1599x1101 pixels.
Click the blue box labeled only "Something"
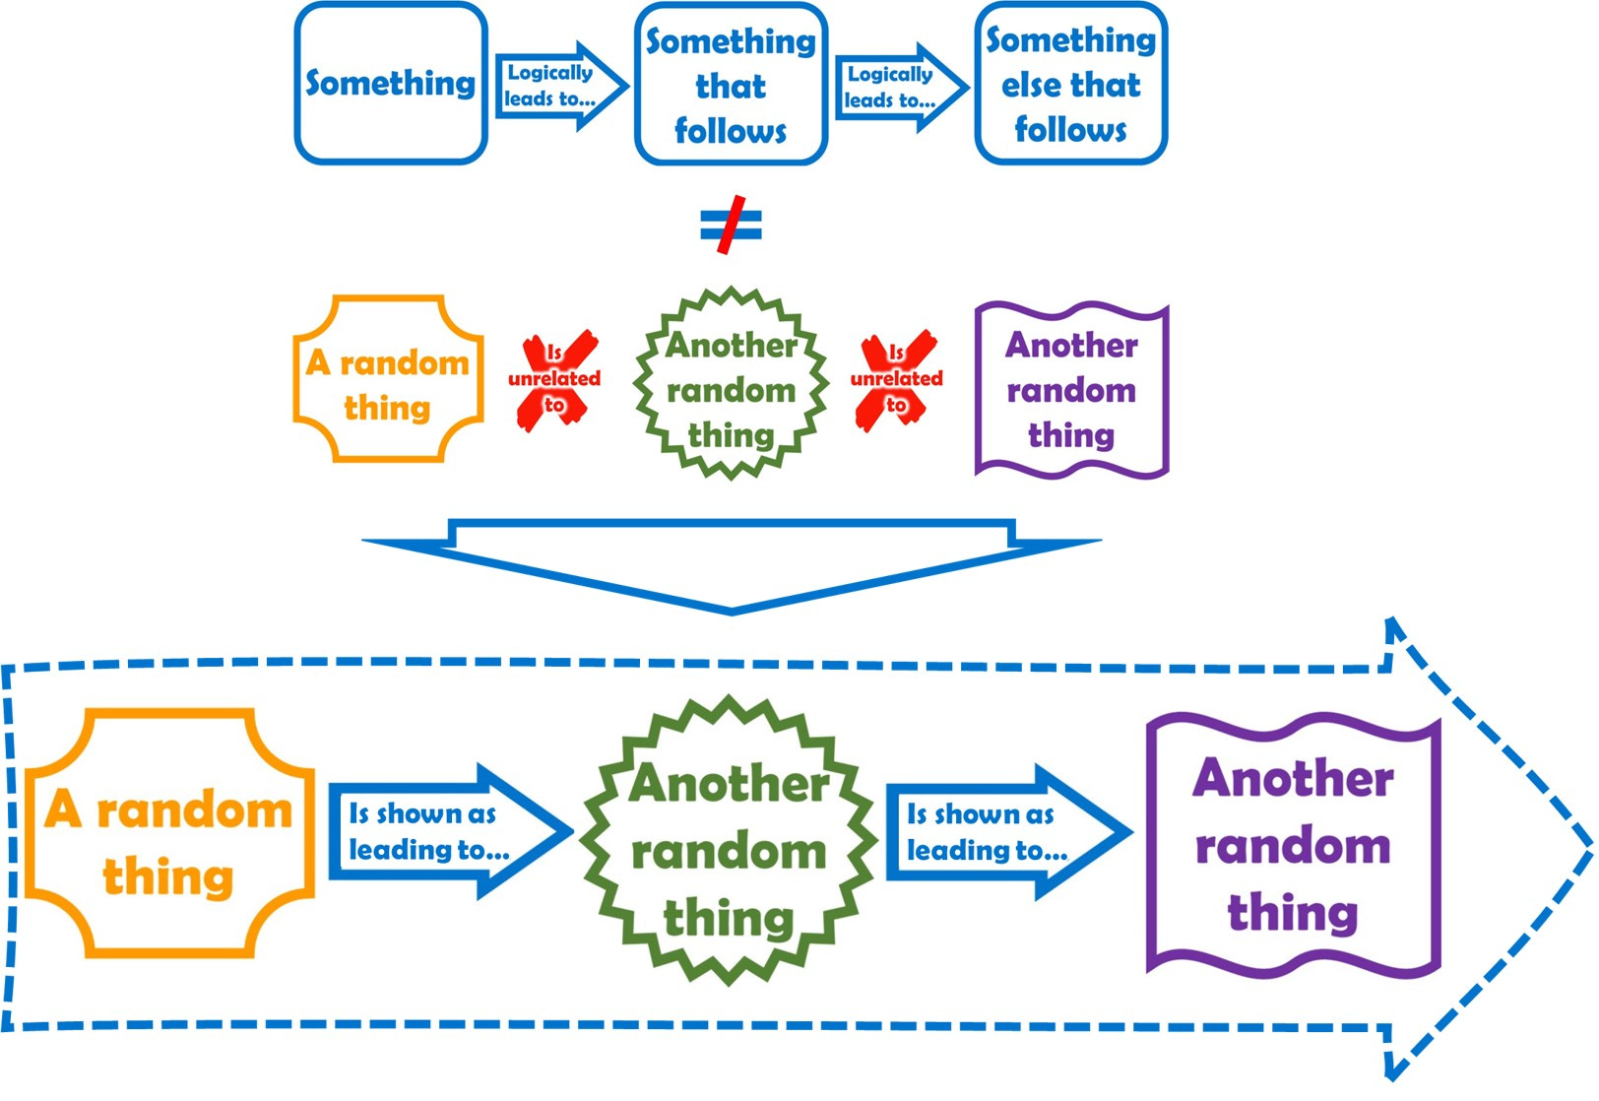(391, 84)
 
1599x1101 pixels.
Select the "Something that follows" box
(731, 85)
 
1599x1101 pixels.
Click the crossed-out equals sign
(731, 227)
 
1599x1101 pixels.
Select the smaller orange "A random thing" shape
(388, 380)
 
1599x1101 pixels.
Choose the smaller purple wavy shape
(1071, 390)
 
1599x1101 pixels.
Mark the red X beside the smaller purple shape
(897, 380)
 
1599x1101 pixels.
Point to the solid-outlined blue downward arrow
(731, 566)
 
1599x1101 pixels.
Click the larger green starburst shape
(729, 843)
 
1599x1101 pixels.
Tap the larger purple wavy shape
(1293, 845)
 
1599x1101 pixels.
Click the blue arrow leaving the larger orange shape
(448, 832)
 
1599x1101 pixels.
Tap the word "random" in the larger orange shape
(194, 811)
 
